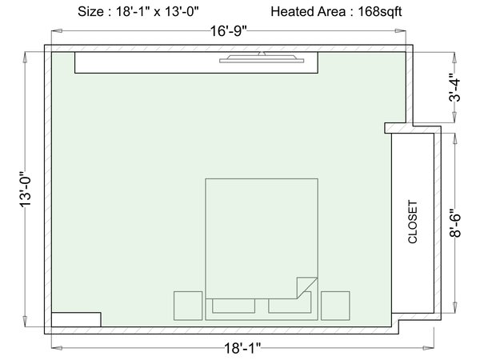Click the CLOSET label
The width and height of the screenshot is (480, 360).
tap(413, 222)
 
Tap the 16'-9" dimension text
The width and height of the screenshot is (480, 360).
tap(228, 31)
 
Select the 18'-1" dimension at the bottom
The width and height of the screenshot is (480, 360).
tap(242, 348)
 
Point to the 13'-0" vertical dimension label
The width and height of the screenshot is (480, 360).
tap(26, 189)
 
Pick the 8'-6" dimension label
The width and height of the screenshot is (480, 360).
tap(455, 223)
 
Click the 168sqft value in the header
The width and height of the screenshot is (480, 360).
tap(379, 12)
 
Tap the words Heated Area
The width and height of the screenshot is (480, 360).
tap(309, 12)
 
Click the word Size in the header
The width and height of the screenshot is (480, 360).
tap(90, 12)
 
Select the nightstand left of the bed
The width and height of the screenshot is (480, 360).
tap(188, 306)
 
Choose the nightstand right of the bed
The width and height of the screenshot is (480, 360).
tap(335, 306)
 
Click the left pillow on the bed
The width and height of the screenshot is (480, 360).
tap(234, 306)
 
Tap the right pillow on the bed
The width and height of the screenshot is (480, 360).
tap(290, 306)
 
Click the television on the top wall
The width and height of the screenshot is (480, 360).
tap(262, 58)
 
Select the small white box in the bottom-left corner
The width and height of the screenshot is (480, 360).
tap(76, 319)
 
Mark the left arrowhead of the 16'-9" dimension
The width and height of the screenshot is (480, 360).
tap(57, 31)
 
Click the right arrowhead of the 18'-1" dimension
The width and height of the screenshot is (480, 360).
tap(429, 348)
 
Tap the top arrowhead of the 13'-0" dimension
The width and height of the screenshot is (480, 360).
tap(26, 58)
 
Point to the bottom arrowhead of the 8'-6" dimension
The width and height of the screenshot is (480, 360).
tap(455, 307)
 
